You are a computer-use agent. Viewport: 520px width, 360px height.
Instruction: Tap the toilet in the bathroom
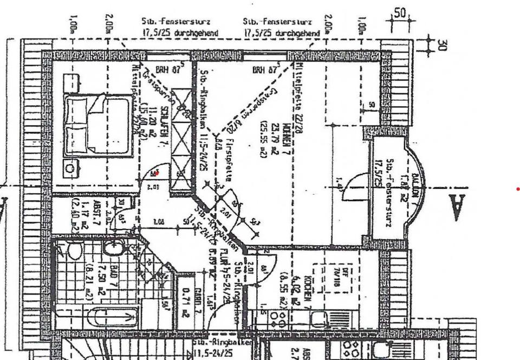[74, 250]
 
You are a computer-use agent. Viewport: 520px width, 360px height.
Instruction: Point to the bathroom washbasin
[114, 249]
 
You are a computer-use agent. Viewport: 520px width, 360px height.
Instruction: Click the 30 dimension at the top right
[441, 45]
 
